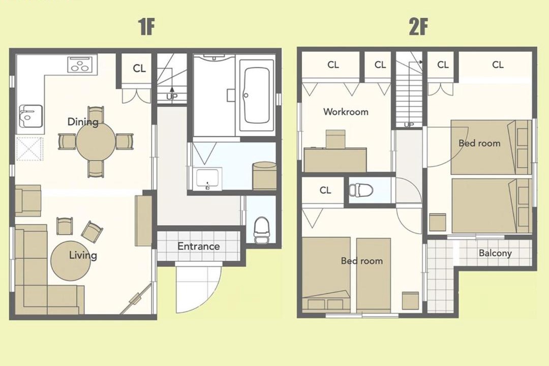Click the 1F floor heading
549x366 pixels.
(x=147, y=26)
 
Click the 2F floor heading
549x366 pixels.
(x=418, y=26)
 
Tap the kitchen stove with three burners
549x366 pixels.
(x=82, y=64)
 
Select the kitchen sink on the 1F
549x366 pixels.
(x=31, y=116)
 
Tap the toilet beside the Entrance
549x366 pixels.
(x=261, y=230)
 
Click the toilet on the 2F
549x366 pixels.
(x=360, y=191)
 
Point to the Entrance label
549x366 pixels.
(x=199, y=246)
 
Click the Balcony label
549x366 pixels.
(x=495, y=253)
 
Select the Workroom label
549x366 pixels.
(x=346, y=112)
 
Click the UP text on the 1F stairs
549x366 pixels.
(x=172, y=97)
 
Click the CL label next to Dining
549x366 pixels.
(x=139, y=68)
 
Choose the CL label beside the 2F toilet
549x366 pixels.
(x=325, y=190)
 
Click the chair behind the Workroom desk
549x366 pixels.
(x=335, y=139)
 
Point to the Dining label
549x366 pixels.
(x=83, y=122)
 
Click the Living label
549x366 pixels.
(x=83, y=255)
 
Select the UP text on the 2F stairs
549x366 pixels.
(x=409, y=125)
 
